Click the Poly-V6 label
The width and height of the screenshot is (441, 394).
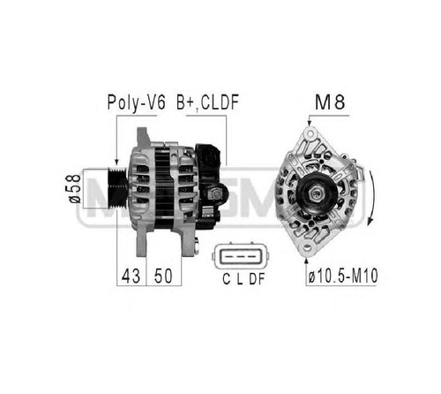pos(137,102)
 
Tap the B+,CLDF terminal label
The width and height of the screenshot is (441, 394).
pos(207,102)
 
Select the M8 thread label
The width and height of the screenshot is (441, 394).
pos(330,102)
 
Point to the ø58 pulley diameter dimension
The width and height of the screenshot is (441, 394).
pos(74,188)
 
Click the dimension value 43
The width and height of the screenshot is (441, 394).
pos(131,276)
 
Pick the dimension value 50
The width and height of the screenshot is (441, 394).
pos(163,276)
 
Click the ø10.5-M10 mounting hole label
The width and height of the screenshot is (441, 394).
pos(343,277)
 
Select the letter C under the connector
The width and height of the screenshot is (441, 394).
pos(226,279)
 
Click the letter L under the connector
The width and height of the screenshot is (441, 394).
pos(240,279)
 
